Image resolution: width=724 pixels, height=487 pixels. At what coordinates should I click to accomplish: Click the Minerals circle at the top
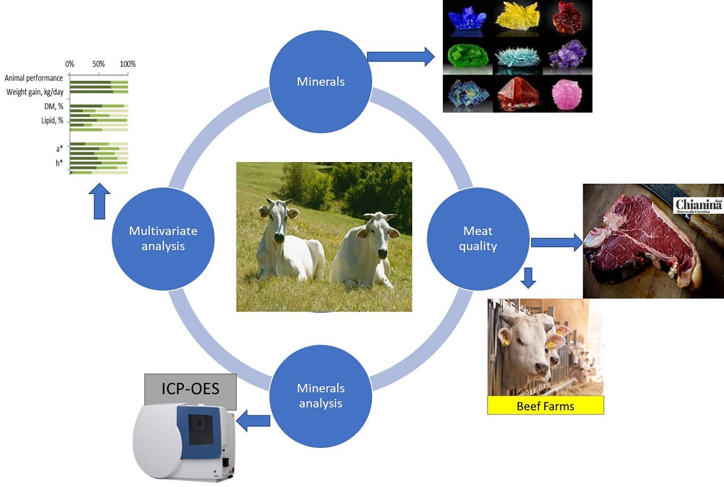tap(320, 81)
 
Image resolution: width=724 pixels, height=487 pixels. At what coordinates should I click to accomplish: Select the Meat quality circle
tap(478, 238)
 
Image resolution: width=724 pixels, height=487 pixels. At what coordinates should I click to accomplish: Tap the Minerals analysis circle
tap(320, 395)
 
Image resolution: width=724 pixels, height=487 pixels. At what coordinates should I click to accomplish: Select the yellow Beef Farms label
tap(545, 406)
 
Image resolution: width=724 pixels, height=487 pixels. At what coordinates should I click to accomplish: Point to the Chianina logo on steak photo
tap(698, 204)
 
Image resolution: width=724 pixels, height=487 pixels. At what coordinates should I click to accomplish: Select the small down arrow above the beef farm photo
tap(529, 277)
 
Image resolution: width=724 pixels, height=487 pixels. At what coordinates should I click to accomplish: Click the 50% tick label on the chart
tap(98, 64)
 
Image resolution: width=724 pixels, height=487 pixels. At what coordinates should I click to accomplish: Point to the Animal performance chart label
tap(34, 78)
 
